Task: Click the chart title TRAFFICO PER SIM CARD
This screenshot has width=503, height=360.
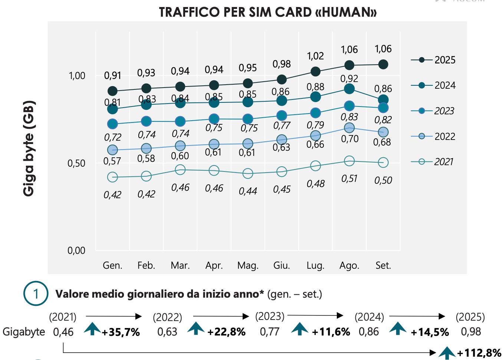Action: tap(267, 12)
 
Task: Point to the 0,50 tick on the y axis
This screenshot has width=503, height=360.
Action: tap(76, 163)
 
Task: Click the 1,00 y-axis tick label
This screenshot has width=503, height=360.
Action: tap(77, 76)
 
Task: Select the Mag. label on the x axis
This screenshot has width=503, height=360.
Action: tap(248, 265)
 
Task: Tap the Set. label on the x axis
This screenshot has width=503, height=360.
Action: tap(383, 265)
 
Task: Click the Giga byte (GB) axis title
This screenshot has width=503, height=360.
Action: tap(29, 148)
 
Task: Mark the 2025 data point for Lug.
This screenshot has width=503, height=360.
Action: tap(315, 71)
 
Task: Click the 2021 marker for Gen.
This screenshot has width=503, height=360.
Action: tap(112, 177)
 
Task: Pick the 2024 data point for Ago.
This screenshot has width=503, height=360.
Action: tap(349, 89)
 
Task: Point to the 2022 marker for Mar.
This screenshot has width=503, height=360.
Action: tap(180, 146)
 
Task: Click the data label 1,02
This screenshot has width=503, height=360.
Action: tap(315, 56)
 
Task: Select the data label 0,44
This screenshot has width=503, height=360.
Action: tap(248, 191)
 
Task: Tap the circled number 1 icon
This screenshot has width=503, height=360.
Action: tap(36, 294)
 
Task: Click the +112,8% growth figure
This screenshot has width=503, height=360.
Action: tap(479, 353)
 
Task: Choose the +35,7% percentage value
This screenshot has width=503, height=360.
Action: tap(121, 332)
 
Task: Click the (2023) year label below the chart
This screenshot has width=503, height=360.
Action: tap(270, 316)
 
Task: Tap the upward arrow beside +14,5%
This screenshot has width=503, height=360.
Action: tap(398, 328)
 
